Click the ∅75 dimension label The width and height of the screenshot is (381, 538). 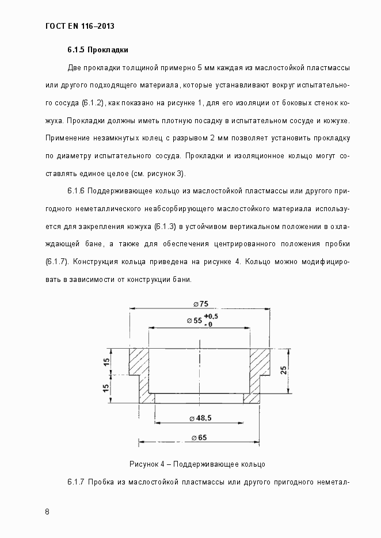[200, 304]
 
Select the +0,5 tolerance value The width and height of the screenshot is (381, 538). [211, 316]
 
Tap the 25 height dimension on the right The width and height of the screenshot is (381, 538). [283, 369]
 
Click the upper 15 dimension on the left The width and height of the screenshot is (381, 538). [106, 361]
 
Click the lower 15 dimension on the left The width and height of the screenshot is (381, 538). [106, 388]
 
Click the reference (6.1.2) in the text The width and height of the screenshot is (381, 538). [89, 103]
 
